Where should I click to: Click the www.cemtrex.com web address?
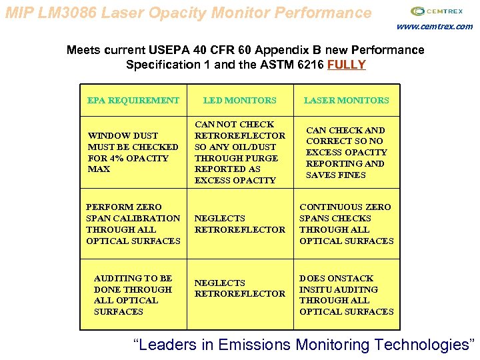(x=434, y=27)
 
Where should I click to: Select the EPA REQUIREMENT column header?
(x=133, y=101)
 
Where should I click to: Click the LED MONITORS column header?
(x=239, y=101)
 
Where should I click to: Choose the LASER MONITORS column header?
(x=346, y=101)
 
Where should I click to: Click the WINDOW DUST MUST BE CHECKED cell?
(x=133, y=152)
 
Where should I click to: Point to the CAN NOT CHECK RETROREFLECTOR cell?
(x=239, y=152)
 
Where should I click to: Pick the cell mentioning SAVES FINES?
(x=346, y=152)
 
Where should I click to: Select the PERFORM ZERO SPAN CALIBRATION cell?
(x=133, y=224)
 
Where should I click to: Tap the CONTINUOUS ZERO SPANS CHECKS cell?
(x=346, y=224)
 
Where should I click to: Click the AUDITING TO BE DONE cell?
(x=133, y=295)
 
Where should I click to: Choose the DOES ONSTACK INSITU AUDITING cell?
(x=346, y=295)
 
